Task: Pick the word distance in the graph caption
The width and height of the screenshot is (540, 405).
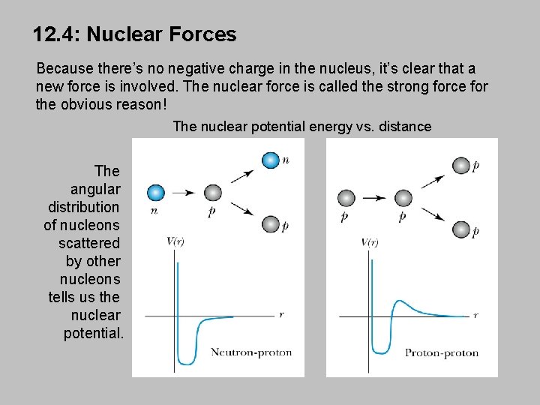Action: click(x=406, y=126)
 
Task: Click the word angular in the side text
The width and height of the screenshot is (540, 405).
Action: click(x=95, y=189)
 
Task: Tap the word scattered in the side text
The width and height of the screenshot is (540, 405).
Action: click(x=89, y=243)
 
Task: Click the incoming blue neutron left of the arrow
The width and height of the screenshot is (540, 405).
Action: click(x=156, y=193)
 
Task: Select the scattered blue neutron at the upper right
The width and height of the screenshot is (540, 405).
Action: click(x=270, y=160)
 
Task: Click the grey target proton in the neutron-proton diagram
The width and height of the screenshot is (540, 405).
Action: click(x=212, y=193)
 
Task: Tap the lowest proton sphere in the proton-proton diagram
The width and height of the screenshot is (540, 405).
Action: click(x=460, y=229)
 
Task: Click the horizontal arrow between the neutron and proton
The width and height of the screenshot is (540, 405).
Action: click(x=184, y=193)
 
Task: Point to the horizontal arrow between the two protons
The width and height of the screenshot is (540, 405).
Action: click(x=374, y=198)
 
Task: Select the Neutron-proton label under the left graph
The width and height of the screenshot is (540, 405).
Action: click(x=250, y=352)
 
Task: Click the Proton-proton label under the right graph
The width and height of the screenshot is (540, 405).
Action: click(x=442, y=352)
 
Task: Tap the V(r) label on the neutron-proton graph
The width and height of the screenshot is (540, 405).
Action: click(x=177, y=241)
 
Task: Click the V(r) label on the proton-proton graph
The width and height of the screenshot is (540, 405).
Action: click(x=370, y=242)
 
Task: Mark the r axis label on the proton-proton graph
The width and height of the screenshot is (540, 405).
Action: click(x=475, y=316)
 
